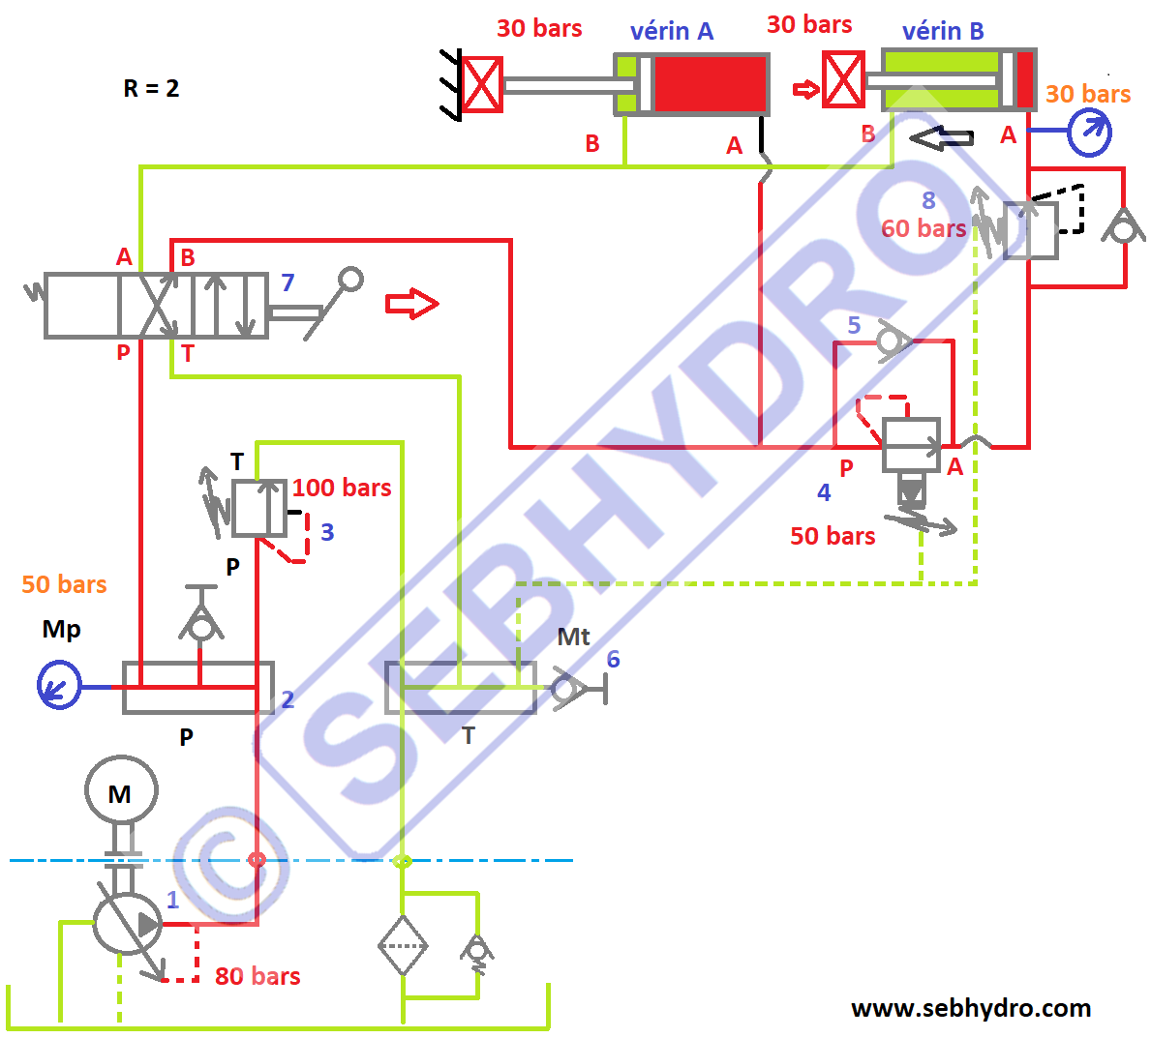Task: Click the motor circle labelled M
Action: tap(121, 791)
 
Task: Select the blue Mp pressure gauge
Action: tap(59, 685)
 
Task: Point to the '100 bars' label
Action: tap(342, 488)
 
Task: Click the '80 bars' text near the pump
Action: tap(257, 976)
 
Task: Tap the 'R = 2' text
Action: tap(151, 89)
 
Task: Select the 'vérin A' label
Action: tap(672, 32)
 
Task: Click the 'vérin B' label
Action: tap(943, 32)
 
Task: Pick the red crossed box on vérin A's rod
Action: tap(482, 84)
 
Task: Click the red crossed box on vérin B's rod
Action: tap(843, 80)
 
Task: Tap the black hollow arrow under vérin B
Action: tap(941, 138)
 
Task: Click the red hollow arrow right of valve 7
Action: tap(412, 304)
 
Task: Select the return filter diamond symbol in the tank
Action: tap(403, 945)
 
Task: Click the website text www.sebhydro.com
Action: tap(971, 1008)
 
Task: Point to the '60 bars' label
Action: tap(924, 228)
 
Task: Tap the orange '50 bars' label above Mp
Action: tap(64, 584)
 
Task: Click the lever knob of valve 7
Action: tap(350, 280)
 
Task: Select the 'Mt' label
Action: tap(573, 637)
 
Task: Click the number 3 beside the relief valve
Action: tap(327, 532)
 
